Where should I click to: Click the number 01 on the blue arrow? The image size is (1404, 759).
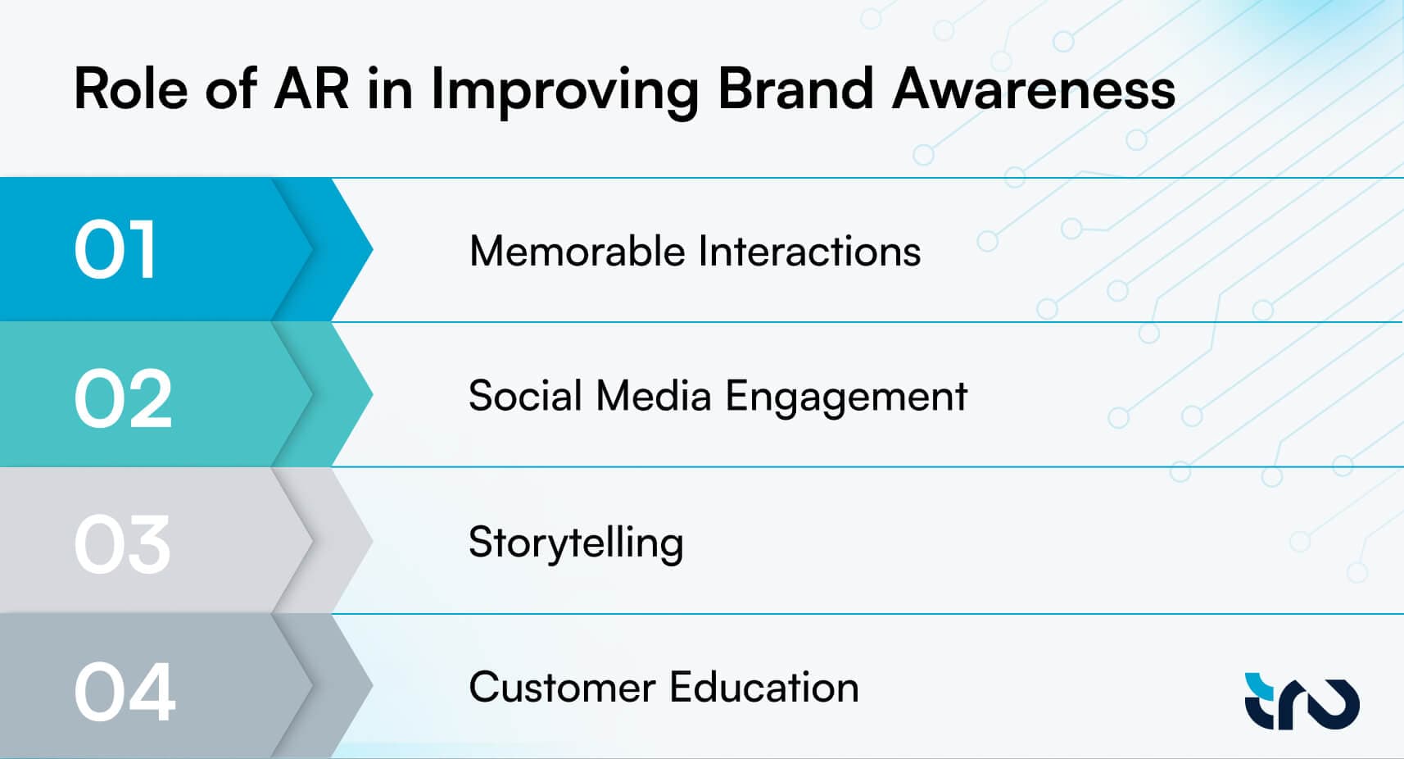tap(115, 250)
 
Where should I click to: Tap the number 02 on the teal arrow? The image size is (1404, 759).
tap(123, 398)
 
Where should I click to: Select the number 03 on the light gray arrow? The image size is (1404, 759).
tap(122, 544)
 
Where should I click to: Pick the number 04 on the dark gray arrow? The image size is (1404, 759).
tap(125, 692)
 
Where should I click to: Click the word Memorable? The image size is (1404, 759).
tap(577, 251)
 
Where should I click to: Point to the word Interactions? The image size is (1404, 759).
tap(809, 251)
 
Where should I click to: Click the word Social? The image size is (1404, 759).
tap(525, 396)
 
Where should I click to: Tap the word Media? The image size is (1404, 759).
tap(653, 396)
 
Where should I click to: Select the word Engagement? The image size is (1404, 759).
tap(846, 397)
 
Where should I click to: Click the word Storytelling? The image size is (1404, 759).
tap(576, 543)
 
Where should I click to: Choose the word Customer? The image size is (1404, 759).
tap(562, 688)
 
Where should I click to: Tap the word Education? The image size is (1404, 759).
tap(764, 688)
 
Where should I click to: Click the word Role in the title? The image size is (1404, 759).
tap(131, 89)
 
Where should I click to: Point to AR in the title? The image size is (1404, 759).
tap(311, 89)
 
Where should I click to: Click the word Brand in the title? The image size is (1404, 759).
tap(795, 89)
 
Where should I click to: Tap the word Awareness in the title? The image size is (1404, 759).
tap(1034, 89)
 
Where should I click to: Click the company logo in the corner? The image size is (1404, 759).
tap(1302, 702)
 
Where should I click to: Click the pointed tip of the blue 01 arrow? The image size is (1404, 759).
tap(373, 250)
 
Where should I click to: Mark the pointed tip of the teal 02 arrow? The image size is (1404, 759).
tap(373, 394)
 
